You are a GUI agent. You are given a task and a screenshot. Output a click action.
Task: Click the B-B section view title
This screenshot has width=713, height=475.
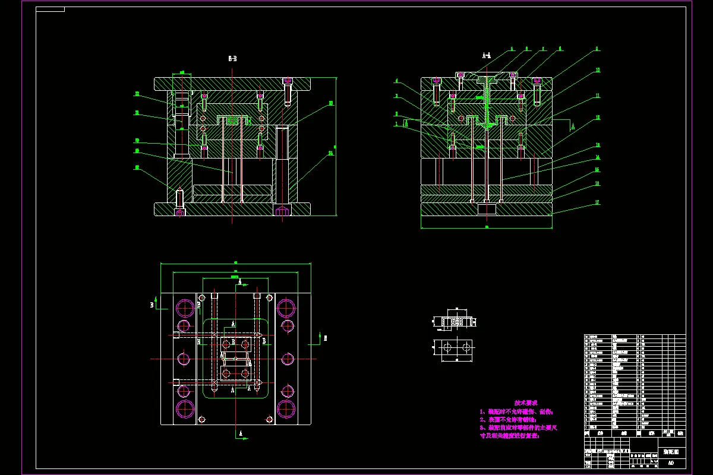pos(233,59)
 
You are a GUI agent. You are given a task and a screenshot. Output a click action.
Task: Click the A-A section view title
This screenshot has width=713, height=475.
pos(487,55)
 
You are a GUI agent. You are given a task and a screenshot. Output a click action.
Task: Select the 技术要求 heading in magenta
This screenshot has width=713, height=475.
pos(525,402)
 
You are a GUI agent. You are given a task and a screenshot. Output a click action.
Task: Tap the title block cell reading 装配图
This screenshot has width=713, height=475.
pos(671,452)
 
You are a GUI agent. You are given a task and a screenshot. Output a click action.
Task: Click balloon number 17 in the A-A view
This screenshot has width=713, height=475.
pos(597,202)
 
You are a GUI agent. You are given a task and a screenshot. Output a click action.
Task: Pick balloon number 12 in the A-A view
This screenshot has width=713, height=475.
pos(598,118)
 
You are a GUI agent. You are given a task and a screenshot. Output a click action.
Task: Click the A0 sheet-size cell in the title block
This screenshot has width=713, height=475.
pos(671,463)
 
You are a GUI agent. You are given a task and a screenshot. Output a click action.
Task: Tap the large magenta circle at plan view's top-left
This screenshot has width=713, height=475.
pos(185,308)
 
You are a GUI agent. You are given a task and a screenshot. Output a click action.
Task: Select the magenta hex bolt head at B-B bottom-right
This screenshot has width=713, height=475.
pos(282,211)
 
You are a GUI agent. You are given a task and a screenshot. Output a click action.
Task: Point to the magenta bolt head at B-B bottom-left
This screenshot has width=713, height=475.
pos(179,211)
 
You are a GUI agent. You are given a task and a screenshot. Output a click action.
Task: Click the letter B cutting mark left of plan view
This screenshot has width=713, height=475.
pos(152,305)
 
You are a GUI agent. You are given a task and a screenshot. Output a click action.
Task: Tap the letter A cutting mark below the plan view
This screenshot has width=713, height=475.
pos(241,434)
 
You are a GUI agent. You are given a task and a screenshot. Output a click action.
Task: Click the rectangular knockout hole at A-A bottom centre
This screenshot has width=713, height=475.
pos(487,209)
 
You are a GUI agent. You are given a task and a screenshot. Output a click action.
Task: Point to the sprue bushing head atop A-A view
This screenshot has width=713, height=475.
pos(487,75)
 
